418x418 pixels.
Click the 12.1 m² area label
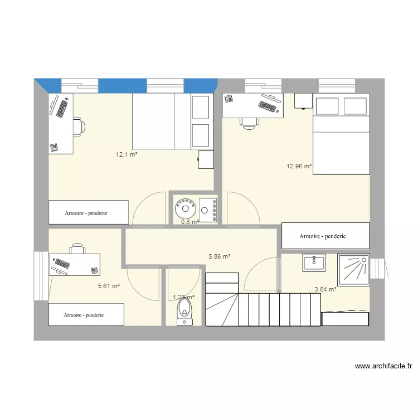[x=126, y=154]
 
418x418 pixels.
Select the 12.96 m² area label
[x=299, y=166]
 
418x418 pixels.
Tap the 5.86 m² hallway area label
[x=220, y=256]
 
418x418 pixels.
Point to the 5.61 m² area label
[x=109, y=286]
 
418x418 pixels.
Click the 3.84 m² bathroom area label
[x=325, y=289]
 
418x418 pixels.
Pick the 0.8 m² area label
[x=190, y=221]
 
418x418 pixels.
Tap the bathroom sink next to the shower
[x=314, y=262]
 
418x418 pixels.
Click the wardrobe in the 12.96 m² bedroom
[x=325, y=236]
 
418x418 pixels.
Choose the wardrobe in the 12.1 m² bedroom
[x=89, y=212]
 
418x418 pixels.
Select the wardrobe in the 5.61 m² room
[x=86, y=315]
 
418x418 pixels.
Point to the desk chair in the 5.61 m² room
[x=77, y=248]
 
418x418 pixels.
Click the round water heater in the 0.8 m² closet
[x=184, y=210]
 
